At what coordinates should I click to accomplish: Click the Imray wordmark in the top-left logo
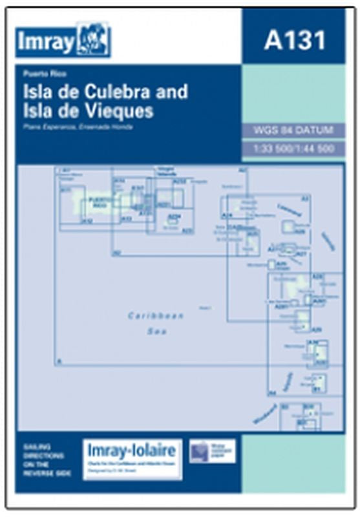coord(44,41)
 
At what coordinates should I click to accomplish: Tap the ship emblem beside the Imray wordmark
coord(93,39)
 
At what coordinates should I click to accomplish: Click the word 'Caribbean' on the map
coord(156,316)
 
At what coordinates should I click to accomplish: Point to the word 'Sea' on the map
coord(155,332)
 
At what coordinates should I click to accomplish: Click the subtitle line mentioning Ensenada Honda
coord(77,127)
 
